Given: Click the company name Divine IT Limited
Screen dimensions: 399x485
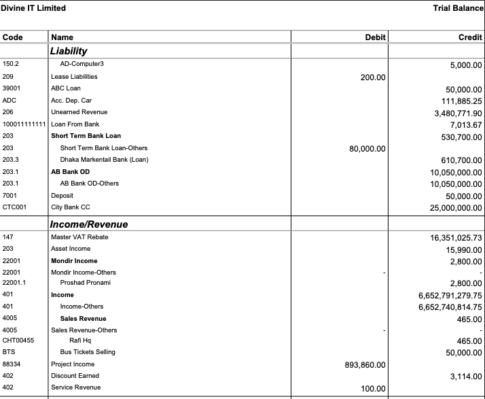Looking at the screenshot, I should (x=33, y=8).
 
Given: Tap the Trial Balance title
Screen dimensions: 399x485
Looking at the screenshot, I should (x=458, y=8).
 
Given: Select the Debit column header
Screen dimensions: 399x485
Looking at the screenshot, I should (x=375, y=37).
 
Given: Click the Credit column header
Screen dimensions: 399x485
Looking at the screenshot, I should (x=470, y=37).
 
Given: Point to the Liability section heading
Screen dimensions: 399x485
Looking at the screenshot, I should (x=69, y=51).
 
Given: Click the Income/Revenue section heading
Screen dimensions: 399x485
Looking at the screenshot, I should (x=89, y=224).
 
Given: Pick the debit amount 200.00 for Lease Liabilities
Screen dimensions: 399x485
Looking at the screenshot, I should (x=373, y=77).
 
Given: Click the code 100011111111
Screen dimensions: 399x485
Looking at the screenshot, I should (x=24, y=124).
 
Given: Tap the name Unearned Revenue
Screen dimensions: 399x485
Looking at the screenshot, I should (x=79, y=112).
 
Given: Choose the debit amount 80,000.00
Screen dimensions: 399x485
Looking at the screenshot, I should (x=367, y=149).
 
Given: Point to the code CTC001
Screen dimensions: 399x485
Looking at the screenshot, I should (x=14, y=207).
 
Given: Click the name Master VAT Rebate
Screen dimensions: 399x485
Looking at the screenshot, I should (x=79, y=237).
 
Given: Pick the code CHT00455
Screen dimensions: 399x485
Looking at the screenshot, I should (x=18, y=341).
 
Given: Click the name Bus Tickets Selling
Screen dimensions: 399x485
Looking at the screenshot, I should (x=83, y=352).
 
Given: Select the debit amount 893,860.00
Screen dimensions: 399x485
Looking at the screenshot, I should (x=365, y=365).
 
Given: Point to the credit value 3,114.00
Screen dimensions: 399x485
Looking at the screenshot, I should (x=466, y=376).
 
